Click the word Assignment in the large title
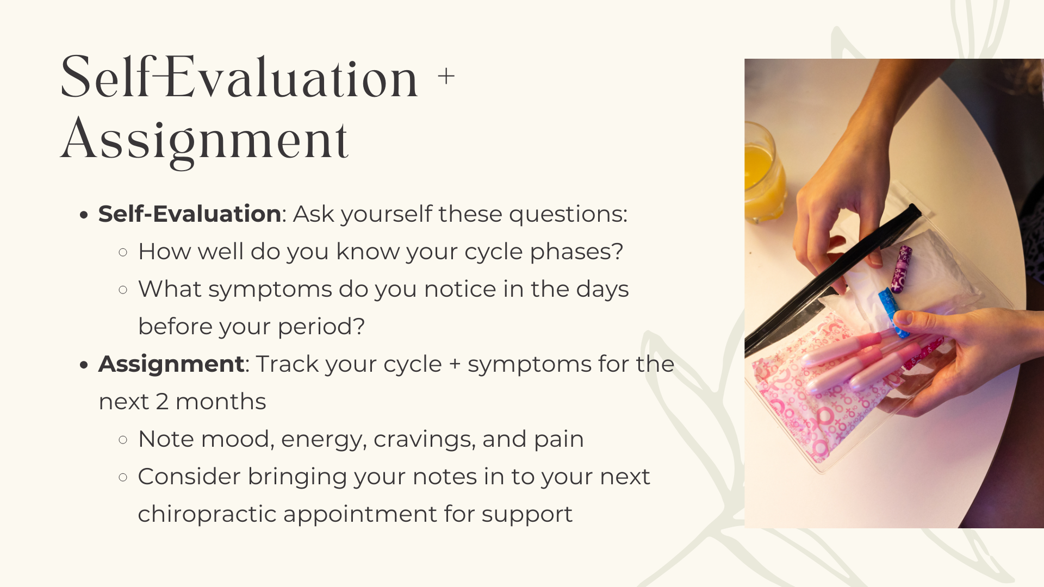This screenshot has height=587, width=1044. (x=204, y=140)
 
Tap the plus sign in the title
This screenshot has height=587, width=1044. (x=446, y=77)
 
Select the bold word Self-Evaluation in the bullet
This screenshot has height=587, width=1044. (x=189, y=214)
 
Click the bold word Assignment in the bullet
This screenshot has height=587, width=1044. (x=171, y=364)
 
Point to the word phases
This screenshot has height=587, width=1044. (x=576, y=252)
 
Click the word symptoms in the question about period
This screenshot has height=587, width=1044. (x=270, y=290)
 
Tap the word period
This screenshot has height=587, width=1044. (x=321, y=327)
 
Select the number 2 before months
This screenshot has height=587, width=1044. (x=162, y=402)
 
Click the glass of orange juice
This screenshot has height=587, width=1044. (x=763, y=174)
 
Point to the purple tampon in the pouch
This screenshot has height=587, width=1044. (x=902, y=269)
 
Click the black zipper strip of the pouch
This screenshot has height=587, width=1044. (x=832, y=277)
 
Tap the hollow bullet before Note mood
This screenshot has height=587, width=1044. (x=123, y=439)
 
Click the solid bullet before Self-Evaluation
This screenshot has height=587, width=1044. (x=83, y=215)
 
